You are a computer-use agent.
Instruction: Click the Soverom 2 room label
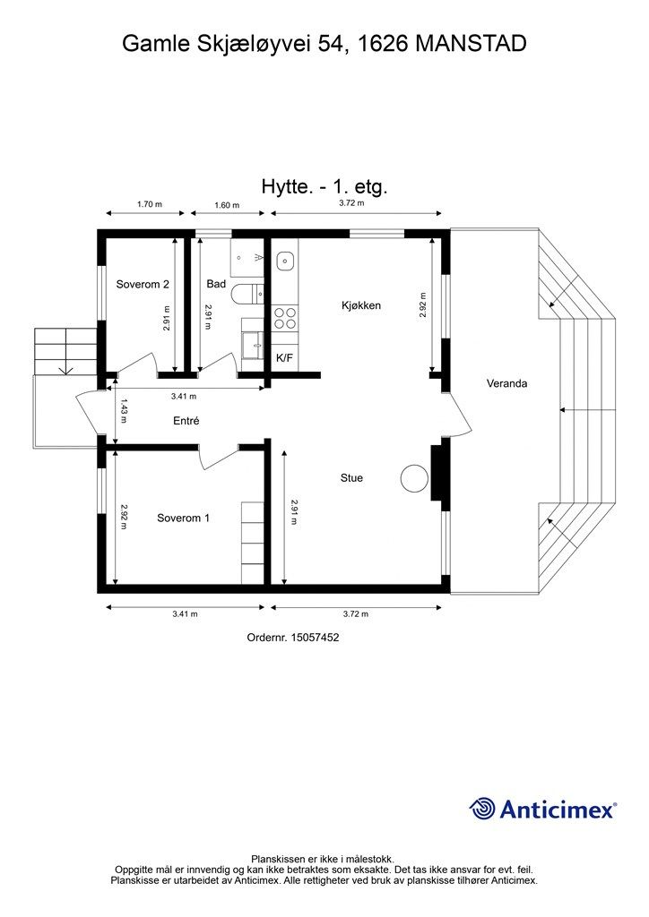[x=143, y=285]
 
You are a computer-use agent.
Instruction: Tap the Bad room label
[x=216, y=284]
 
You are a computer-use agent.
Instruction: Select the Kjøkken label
[x=361, y=305]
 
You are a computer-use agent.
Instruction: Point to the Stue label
[x=351, y=478]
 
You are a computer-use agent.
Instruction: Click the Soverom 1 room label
[x=183, y=518]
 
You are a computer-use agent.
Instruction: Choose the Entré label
[x=186, y=421]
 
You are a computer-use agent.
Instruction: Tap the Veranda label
[x=506, y=383]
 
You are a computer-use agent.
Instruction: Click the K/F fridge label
[x=284, y=358]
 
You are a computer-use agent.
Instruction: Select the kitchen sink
[x=285, y=261]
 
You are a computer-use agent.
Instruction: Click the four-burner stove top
[x=285, y=318]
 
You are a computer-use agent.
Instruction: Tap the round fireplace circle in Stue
[x=414, y=478]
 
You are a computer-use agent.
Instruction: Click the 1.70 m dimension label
[x=149, y=205]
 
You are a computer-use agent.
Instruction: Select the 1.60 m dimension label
[x=227, y=205]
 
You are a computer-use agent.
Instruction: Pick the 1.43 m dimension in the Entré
[x=124, y=410]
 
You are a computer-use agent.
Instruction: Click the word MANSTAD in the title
[x=472, y=43]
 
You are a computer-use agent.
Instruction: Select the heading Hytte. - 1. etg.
[x=324, y=187]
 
